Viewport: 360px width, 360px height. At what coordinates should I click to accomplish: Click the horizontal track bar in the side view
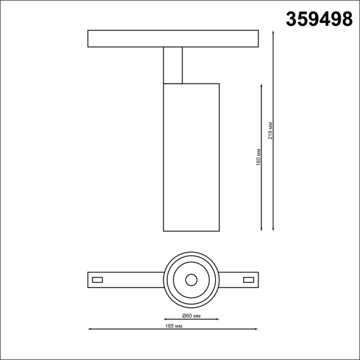[173, 39]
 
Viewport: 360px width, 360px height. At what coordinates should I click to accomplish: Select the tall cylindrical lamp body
[191, 157]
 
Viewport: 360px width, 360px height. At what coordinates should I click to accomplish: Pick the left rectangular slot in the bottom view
[97, 280]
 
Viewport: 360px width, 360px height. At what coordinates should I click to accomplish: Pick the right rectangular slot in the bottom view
[248, 280]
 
